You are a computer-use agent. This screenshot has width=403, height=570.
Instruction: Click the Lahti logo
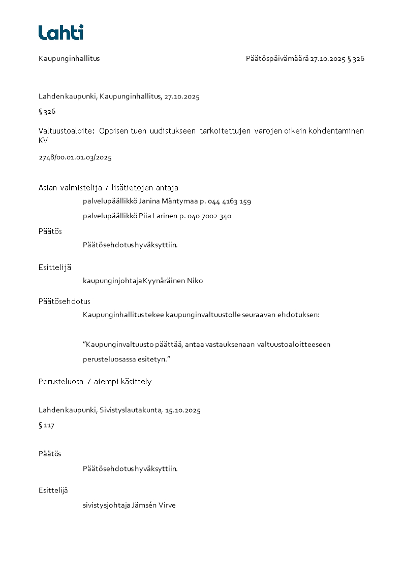tap(61, 32)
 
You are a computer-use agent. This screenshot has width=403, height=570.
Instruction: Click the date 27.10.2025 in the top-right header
tap(328, 58)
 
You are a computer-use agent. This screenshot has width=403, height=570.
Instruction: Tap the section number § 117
tap(46, 425)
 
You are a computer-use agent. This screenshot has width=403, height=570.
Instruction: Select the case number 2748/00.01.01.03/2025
tap(75, 157)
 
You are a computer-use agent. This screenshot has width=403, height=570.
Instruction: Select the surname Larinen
tap(164, 216)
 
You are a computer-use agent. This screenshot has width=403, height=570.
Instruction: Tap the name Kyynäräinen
tap(164, 281)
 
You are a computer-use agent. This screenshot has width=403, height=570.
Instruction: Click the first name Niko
tap(195, 281)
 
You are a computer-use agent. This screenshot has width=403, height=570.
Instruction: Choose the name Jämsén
tap(145, 506)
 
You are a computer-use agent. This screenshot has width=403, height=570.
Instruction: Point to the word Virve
tap(168, 506)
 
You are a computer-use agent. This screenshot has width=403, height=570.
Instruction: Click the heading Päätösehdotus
tap(65, 301)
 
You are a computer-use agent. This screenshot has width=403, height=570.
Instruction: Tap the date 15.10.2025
tap(183, 411)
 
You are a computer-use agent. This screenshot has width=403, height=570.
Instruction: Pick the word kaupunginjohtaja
tap(112, 281)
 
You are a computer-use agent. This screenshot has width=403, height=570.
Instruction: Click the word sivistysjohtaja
tap(106, 506)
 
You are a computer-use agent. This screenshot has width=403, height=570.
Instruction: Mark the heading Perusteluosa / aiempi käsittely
tap(95, 382)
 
